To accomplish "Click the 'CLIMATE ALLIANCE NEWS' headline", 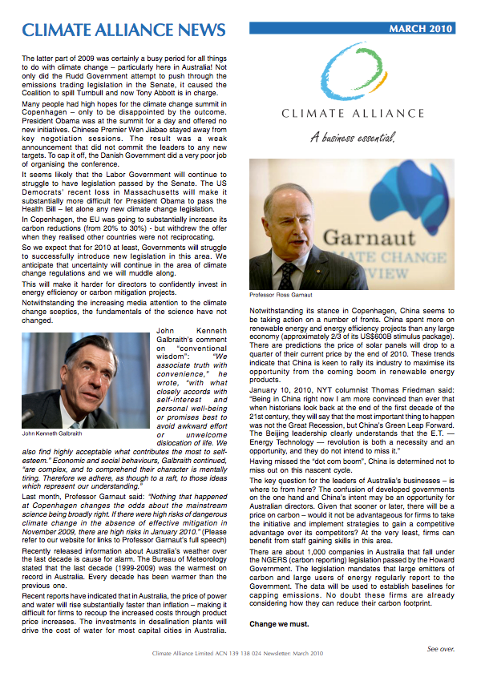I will [123, 30].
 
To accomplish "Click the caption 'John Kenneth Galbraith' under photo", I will [54, 433].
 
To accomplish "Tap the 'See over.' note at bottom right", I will [441, 648].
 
